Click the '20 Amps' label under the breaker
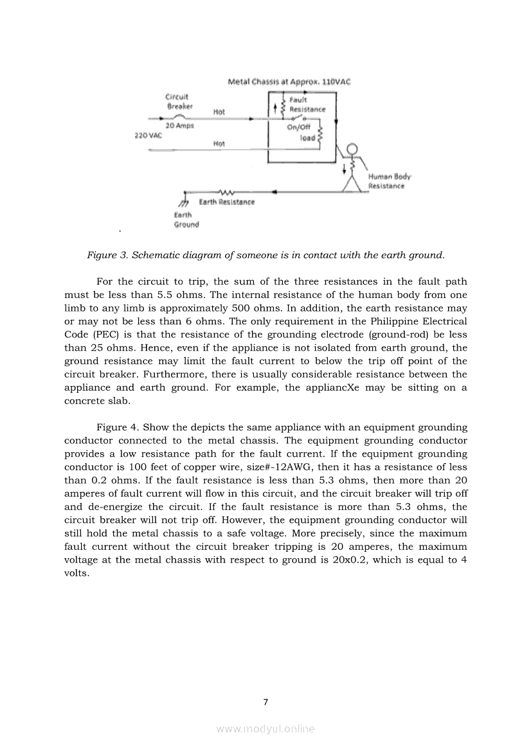pos(180,126)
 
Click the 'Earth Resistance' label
pos(226,202)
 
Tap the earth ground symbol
pos(183,202)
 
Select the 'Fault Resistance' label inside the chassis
pos(307,105)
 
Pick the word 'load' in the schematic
pos(307,137)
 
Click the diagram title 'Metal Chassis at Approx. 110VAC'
pos(289,82)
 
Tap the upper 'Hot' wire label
pos(219,112)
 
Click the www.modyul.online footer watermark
pos(265,729)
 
